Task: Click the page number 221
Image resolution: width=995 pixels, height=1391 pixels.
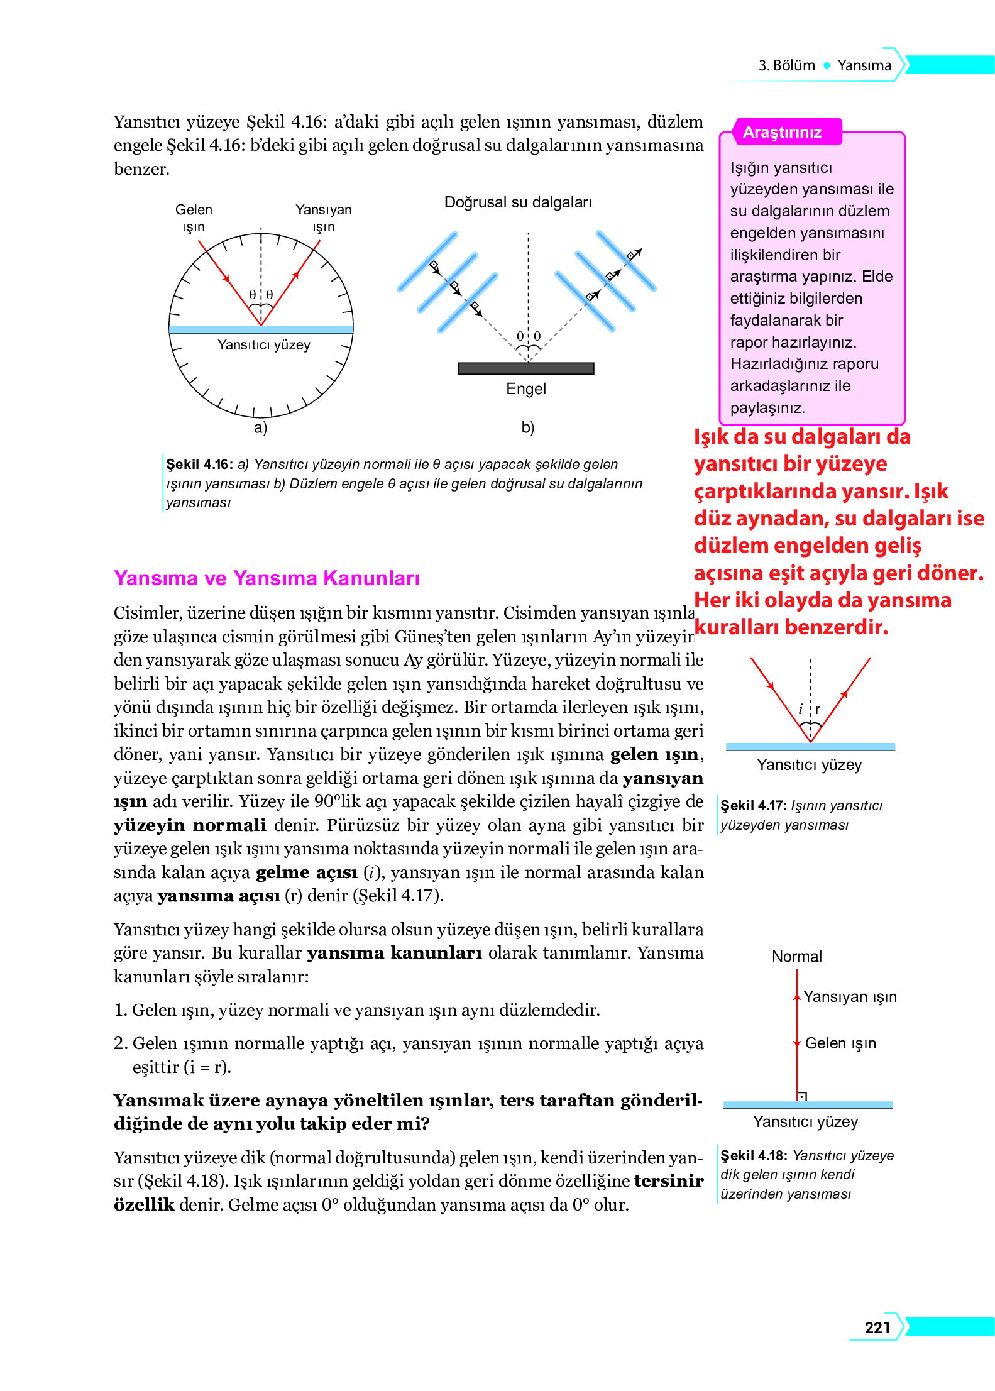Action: [877, 1327]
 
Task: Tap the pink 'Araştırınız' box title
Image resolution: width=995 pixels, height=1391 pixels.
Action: [782, 132]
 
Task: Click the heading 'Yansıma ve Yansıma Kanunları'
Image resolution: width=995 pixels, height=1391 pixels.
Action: [267, 578]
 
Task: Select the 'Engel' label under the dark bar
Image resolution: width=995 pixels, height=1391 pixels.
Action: [526, 388]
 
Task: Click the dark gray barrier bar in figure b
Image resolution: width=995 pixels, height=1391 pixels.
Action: [526, 368]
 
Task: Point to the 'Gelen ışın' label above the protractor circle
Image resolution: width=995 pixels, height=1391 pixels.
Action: [194, 217]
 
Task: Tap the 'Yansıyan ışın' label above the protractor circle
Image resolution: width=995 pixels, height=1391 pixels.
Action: [324, 217]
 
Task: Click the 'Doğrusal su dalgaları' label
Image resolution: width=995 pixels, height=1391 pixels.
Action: [518, 202]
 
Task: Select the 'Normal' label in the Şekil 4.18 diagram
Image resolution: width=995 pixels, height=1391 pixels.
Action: [796, 956]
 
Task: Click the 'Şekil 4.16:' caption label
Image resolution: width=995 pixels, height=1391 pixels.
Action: [199, 464]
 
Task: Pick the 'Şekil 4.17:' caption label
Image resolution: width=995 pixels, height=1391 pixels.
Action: [753, 805]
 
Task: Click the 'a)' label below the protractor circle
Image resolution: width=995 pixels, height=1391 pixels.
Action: [260, 427]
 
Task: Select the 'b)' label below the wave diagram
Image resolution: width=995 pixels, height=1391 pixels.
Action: [527, 427]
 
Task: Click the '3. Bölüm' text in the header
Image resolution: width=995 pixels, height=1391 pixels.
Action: [786, 65]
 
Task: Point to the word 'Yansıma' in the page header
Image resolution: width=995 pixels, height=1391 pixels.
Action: [864, 65]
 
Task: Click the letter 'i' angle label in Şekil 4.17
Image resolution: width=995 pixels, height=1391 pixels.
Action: [800, 710]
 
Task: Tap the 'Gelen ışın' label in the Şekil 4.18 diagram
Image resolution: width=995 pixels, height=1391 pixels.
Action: [840, 1043]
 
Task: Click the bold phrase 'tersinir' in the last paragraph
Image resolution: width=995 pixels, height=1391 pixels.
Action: [668, 1180]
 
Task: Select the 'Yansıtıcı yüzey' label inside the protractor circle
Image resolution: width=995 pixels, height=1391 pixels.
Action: [264, 344]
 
